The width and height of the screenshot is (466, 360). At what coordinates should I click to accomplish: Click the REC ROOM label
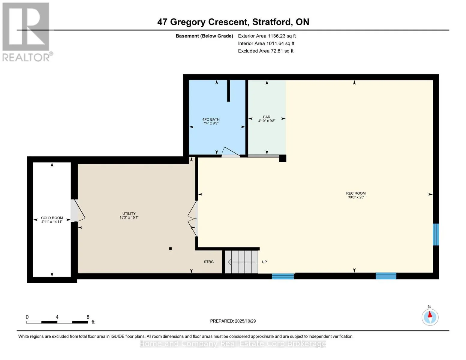(356, 193)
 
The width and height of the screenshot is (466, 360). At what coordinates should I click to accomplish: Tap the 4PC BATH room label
(211, 119)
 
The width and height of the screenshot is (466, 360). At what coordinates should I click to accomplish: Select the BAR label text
(266, 117)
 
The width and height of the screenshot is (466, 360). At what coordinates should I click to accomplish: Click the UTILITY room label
(129, 214)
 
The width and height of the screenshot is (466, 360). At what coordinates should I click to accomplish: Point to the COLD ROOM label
(52, 218)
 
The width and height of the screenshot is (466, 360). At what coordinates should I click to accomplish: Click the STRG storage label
(209, 262)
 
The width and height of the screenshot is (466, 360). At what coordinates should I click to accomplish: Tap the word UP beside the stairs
(264, 262)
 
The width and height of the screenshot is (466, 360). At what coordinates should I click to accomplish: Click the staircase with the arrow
(242, 262)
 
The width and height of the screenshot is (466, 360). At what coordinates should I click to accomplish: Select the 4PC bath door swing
(230, 152)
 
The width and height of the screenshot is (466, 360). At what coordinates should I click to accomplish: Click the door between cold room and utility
(77, 211)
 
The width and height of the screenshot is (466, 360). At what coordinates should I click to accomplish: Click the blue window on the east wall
(436, 234)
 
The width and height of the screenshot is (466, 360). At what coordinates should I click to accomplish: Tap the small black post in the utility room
(170, 248)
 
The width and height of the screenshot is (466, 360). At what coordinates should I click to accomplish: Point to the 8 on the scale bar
(88, 317)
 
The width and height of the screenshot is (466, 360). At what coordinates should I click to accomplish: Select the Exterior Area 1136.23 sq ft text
(267, 36)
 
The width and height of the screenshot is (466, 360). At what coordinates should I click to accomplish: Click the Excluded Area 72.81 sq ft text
(266, 51)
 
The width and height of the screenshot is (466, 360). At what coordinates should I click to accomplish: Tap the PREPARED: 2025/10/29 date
(233, 321)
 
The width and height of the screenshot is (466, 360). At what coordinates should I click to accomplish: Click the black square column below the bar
(282, 158)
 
